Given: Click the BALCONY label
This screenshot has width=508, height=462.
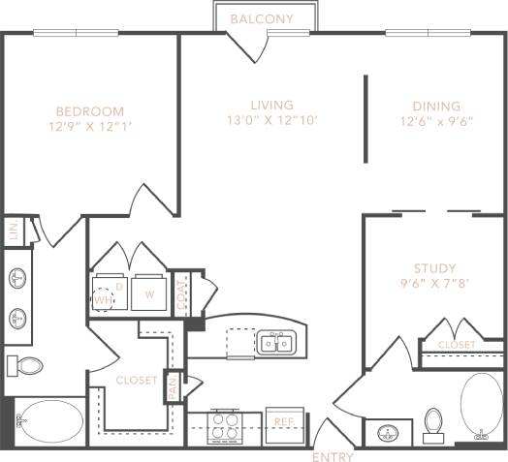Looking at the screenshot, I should pos(263,18).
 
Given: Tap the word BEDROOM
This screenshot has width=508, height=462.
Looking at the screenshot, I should pos(89,109).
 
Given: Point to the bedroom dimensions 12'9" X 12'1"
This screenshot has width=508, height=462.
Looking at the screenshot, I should pos(89,125).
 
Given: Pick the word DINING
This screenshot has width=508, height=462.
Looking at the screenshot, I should pos(435,107).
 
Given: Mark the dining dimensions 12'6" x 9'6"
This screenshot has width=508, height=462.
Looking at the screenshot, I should pos(435,122).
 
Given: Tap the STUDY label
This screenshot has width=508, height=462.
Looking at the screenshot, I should pos(433,268).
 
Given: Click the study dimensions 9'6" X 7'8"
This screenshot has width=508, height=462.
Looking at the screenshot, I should pos(433,284).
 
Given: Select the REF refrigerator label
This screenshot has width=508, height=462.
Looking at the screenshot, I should pos(283,422).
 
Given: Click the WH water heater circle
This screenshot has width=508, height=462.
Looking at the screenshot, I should pos(103,298).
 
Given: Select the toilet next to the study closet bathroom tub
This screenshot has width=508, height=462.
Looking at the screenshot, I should pos(433,422).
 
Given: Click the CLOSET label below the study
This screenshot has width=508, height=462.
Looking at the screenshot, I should pos(456,345).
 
